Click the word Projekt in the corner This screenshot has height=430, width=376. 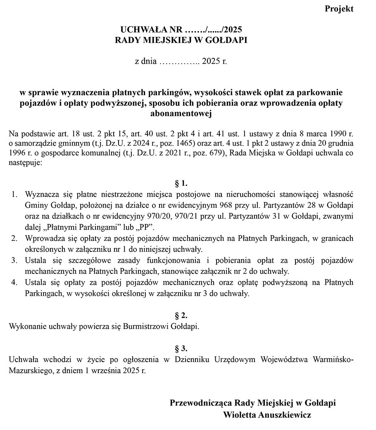tap(339, 9)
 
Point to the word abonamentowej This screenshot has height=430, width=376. tap(181, 113)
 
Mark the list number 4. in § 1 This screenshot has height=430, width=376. tap(14, 283)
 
